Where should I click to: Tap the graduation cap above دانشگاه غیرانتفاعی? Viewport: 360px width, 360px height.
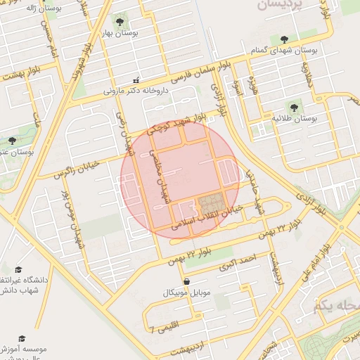[18, 269]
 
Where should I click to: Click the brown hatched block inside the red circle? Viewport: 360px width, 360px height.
[208, 205]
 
